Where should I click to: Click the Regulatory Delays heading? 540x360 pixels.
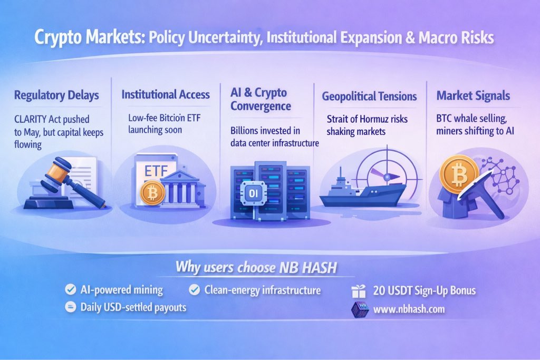[56, 95]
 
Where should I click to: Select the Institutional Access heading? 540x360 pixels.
[165, 94]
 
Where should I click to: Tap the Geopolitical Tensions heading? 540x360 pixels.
[369, 96]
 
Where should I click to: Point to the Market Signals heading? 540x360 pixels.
[473, 96]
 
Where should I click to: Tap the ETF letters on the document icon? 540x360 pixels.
[156, 171]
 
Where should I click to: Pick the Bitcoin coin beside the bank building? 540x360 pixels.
[152, 193]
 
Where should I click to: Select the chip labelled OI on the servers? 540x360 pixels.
[253, 193]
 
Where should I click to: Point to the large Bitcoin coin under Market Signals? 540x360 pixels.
[459, 174]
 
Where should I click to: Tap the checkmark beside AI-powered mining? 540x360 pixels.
[71, 289]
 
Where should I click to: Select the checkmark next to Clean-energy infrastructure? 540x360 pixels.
[194, 290]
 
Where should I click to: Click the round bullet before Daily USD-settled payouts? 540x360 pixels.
[71, 307]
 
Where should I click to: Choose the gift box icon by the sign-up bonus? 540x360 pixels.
[359, 291]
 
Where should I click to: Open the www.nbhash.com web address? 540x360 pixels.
[409, 309]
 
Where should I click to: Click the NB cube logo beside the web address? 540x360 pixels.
[360, 309]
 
